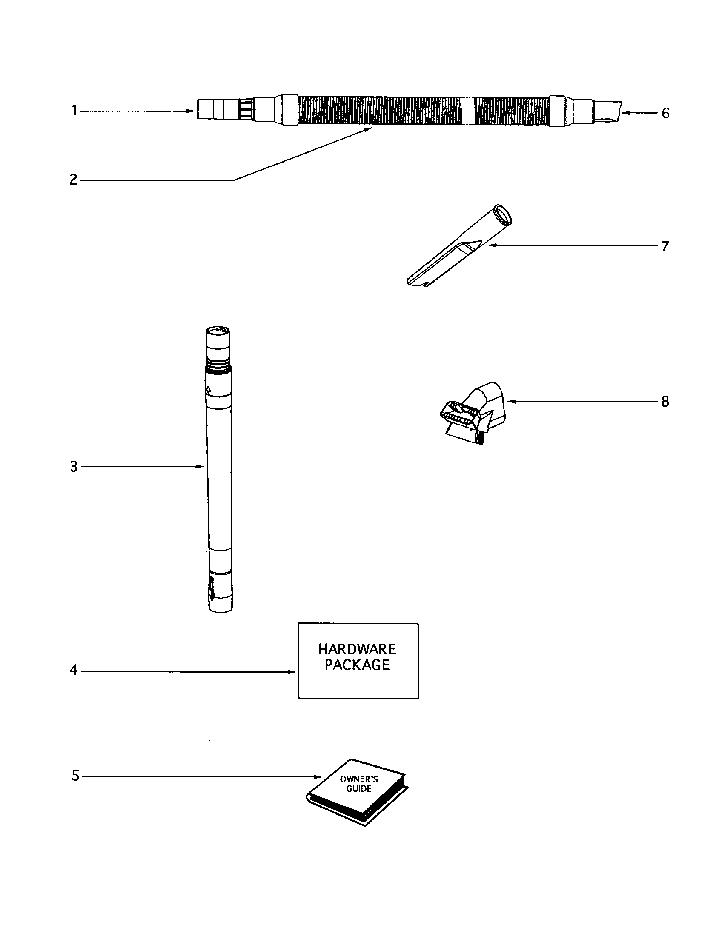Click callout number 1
(x=74, y=111)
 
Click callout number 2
(x=74, y=180)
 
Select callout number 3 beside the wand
(x=74, y=467)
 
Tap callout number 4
(x=74, y=670)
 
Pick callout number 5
(x=75, y=776)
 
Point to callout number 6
(x=665, y=113)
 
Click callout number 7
(x=665, y=246)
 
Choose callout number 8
(x=665, y=402)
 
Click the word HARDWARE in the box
(x=357, y=649)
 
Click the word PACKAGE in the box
(x=357, y=665)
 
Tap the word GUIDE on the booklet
(x=358, y=788)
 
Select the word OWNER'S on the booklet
(x=358, y=779)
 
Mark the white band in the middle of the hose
(x=468, y=110)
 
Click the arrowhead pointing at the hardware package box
(x=292, y=671)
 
